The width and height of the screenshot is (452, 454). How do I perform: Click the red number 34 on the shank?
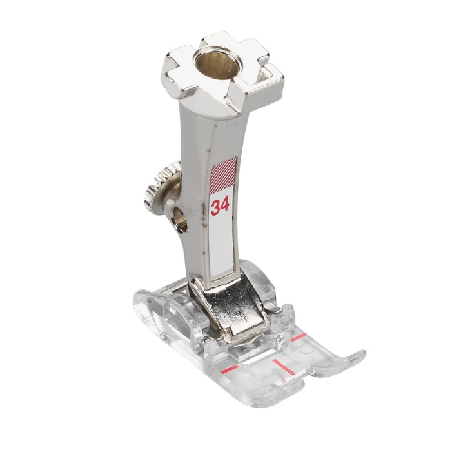click(220, 206)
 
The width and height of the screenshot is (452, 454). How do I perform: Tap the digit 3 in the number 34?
click(215, 207)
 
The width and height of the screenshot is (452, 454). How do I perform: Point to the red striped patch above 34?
click(224, 176)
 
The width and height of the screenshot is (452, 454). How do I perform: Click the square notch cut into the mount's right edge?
click(266, 75)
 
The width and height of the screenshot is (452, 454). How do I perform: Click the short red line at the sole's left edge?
click(229, 369)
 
